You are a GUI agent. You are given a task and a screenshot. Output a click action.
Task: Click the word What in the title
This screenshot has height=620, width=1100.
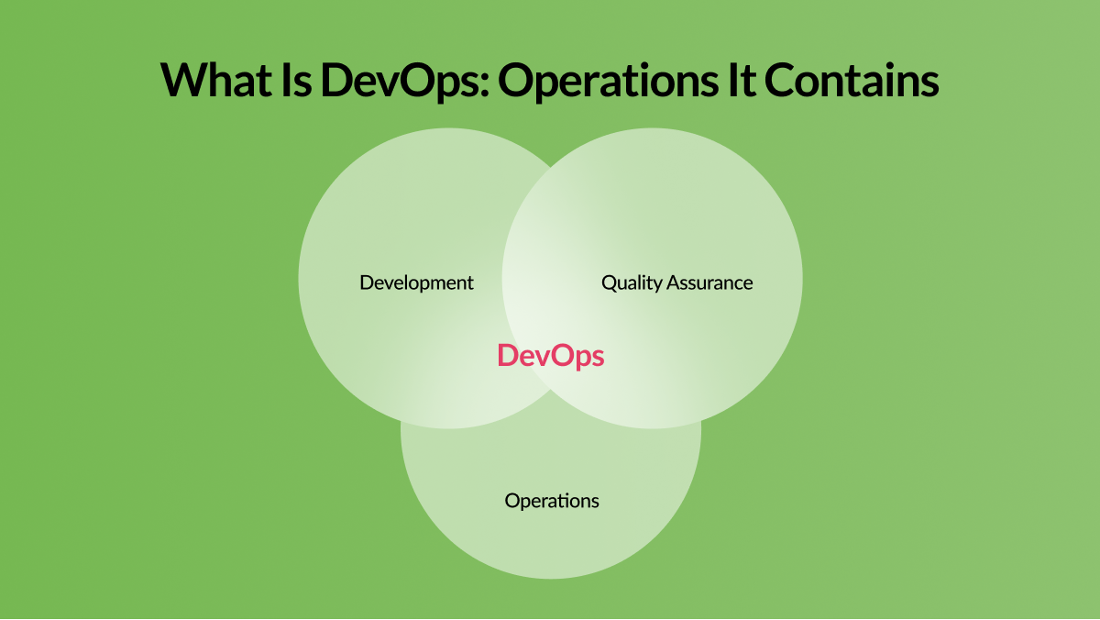click(216, 80)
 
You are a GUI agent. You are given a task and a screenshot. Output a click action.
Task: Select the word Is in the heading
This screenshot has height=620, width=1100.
click(297, 80)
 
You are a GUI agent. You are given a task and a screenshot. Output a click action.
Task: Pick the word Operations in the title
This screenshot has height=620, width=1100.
click(608, 82)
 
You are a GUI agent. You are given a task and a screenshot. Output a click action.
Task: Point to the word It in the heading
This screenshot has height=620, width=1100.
click(742, 80)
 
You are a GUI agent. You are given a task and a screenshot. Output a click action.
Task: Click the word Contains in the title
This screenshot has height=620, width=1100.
click(852, 80)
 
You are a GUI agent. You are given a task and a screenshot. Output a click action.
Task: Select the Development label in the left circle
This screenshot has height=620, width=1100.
click(416, 283)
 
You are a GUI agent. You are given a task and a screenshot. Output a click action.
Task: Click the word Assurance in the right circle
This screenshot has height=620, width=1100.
click(709, 283)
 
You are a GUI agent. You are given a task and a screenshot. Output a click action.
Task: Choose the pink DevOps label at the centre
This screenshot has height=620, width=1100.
click(551, 357)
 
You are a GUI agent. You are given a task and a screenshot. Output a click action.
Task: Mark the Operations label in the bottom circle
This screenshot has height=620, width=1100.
click(552, 502)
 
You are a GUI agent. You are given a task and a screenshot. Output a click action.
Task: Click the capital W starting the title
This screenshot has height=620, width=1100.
click(183, 80)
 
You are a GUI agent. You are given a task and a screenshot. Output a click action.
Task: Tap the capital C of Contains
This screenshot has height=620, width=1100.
click(780, 80)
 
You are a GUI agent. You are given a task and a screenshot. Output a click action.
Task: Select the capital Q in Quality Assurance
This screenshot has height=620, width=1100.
click(610, 283)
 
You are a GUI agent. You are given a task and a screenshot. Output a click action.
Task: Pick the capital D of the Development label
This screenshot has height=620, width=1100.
click(368, 282)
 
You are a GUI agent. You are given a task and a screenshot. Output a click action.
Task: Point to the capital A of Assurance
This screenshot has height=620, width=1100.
click(675, 283)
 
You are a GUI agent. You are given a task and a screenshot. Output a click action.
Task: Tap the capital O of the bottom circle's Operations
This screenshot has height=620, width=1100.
click(513, 501)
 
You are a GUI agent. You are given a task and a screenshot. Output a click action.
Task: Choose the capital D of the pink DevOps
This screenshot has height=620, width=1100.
click(508, 356)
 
